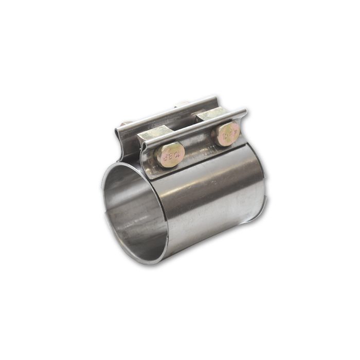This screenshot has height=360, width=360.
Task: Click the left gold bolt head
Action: (169, 154)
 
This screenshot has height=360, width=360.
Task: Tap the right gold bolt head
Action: (227, 134)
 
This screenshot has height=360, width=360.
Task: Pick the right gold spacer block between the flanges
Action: (211, 115)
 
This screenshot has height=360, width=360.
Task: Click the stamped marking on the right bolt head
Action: (228, 134)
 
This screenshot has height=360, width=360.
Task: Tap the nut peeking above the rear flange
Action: (182, 104)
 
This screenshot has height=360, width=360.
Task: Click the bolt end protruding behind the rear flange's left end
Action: (125, 123)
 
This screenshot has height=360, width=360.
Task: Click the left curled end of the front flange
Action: (143, 149)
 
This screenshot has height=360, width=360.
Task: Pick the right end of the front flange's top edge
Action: (245, 112)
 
